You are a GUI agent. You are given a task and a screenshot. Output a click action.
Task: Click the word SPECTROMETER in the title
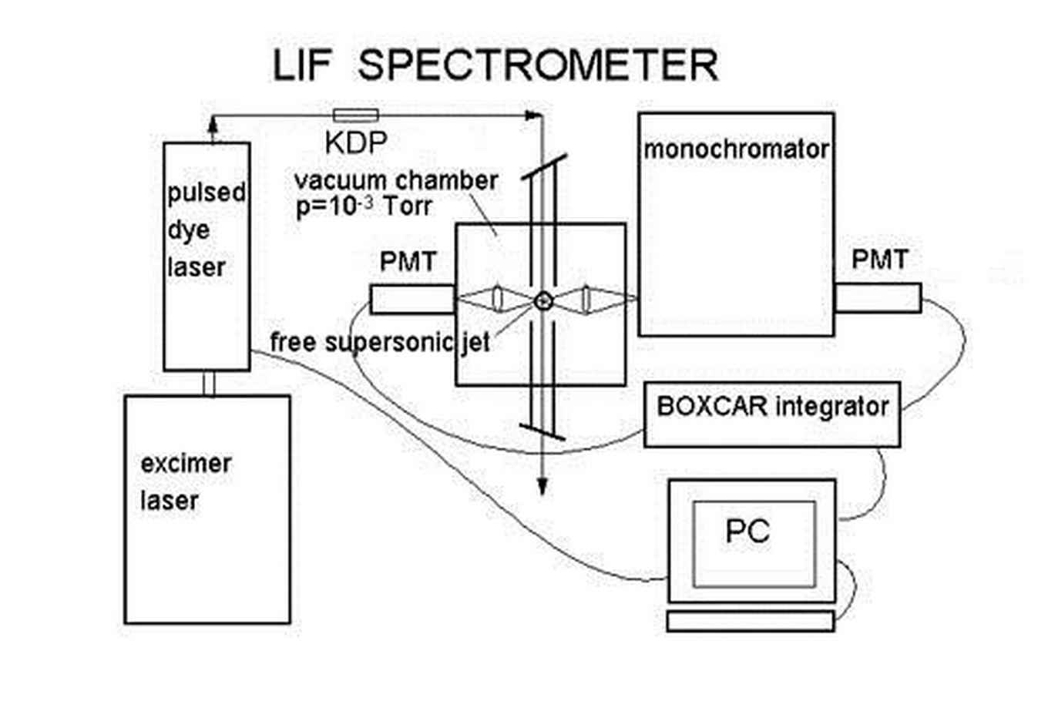(538, 65)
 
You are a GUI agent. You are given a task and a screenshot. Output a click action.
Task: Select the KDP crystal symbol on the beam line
(355, 116)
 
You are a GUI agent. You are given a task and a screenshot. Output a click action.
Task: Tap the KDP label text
(355, 143)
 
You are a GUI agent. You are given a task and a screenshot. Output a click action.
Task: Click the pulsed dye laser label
(205, 230)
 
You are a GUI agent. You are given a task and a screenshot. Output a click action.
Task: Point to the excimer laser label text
(185, 482)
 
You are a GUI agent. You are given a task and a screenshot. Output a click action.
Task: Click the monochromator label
(735, 149)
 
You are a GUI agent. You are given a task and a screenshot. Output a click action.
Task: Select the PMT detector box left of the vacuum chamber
(411, 299)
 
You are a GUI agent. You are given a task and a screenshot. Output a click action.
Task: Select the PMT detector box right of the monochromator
(878, 298)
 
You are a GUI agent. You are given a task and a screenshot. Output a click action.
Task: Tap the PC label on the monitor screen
(747, 532)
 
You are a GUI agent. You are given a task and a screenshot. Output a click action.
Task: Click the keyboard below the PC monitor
(750, 621)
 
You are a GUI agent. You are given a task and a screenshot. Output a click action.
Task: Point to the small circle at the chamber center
(543, 300)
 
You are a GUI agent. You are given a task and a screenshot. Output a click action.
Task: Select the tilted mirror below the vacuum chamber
(543, 431)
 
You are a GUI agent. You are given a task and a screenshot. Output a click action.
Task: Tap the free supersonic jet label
(380, 341)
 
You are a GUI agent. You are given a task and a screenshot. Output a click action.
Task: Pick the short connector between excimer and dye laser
(208, 383)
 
